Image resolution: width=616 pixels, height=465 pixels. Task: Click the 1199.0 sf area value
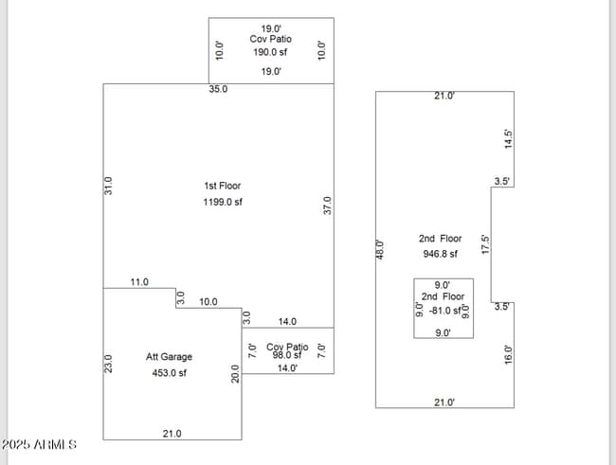tap(223, 202)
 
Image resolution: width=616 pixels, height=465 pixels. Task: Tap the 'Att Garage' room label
tap(169, 357)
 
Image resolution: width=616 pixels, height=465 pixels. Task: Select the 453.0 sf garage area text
tap(169, 373)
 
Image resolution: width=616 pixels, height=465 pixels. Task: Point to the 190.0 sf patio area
tap(271, 53)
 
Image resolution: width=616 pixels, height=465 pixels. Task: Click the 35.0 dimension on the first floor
tap(218, 89)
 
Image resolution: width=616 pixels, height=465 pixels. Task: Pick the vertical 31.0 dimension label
tap(108, 186)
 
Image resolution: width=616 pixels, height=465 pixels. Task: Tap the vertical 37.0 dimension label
tap(328, 205)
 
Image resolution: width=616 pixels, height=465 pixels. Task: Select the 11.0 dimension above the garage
tap(140, 282)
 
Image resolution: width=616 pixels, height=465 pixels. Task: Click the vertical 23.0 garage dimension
tap(108, 364)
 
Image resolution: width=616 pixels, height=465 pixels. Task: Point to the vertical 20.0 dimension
tap(235, 374)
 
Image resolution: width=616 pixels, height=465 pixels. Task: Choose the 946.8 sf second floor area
tap(440, 254)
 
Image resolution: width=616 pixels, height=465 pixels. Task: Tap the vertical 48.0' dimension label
tap(381, 249)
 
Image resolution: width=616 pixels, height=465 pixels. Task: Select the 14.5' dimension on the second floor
tap(508, 138)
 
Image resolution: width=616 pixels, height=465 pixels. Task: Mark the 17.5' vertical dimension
tap(485, 244)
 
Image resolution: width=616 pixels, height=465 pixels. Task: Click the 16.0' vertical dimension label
tap(508, 356)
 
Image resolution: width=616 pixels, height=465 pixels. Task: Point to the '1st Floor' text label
tap(223, 186)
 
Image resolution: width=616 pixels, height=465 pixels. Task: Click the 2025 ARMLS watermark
tap(39, 444)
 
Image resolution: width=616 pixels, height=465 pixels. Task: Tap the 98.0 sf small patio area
tap(286, 355)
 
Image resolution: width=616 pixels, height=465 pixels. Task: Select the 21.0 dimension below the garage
tap(172, 433)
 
